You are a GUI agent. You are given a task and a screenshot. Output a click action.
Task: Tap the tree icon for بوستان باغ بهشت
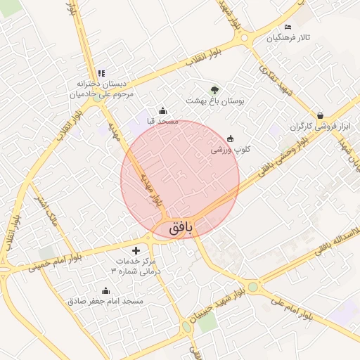click(x=214, y=89)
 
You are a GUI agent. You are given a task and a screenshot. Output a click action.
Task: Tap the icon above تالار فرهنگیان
click(x=288, y=27)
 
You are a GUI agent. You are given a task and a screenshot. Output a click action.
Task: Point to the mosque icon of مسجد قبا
click(x=163, y=110)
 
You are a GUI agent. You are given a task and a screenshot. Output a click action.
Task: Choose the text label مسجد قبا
click(x=162, y=122)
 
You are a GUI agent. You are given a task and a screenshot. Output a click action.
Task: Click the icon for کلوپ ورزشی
click(x=231, y=139)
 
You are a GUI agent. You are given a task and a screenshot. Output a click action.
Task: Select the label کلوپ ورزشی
click(x=231, y=150)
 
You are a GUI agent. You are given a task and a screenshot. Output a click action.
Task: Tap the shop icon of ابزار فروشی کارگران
click(x=320, y=115)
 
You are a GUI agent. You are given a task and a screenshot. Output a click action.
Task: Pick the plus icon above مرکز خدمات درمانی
click(x=136, y=250)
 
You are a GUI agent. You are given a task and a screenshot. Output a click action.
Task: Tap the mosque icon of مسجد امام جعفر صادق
click(x=105, y=290)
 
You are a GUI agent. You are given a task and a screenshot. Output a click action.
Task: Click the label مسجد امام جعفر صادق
click(x=105, y=301)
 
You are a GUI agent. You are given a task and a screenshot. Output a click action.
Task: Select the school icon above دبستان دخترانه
click(x=101, y=73)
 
